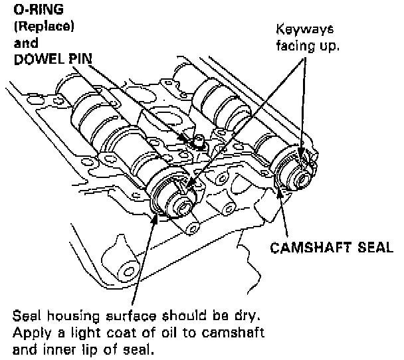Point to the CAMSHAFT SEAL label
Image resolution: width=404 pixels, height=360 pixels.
pyautogui.click(x=331, y=248)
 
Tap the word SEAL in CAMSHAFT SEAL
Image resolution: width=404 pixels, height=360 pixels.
pyautogui.click(x=375, y=248)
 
